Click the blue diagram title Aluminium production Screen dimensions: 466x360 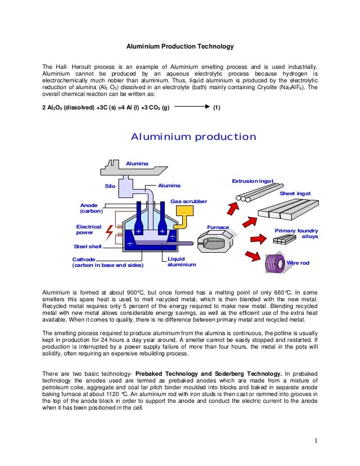coord(194,137)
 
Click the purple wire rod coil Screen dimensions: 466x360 coord(277,263)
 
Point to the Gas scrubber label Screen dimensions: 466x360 coord(188,201)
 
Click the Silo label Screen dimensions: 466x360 coord(111,185)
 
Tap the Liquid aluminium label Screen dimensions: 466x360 coord(182,261)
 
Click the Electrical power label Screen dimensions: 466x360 coord(89,229)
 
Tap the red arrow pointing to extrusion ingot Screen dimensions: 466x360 coord(234,206)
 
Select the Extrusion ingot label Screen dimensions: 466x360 coord(252,181)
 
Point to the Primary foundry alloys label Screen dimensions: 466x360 coord(296,234)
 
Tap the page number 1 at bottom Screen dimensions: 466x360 coord(317,441)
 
